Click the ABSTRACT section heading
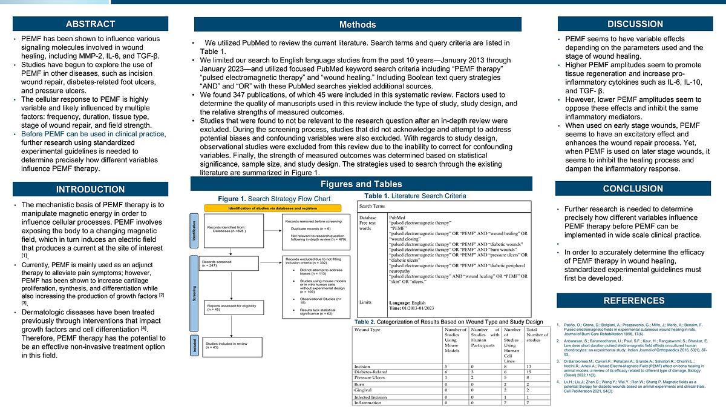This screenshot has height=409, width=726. pos(90,24)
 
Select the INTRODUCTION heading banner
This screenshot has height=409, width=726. pos(90,189)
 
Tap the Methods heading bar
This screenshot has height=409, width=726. pos(357,25)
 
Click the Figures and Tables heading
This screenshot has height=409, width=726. pos(361,184)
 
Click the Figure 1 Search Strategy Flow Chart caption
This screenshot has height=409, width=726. pos(274,199)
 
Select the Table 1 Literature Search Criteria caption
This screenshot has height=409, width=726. pos(415,196)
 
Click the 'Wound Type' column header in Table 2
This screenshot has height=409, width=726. pos(367,330)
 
